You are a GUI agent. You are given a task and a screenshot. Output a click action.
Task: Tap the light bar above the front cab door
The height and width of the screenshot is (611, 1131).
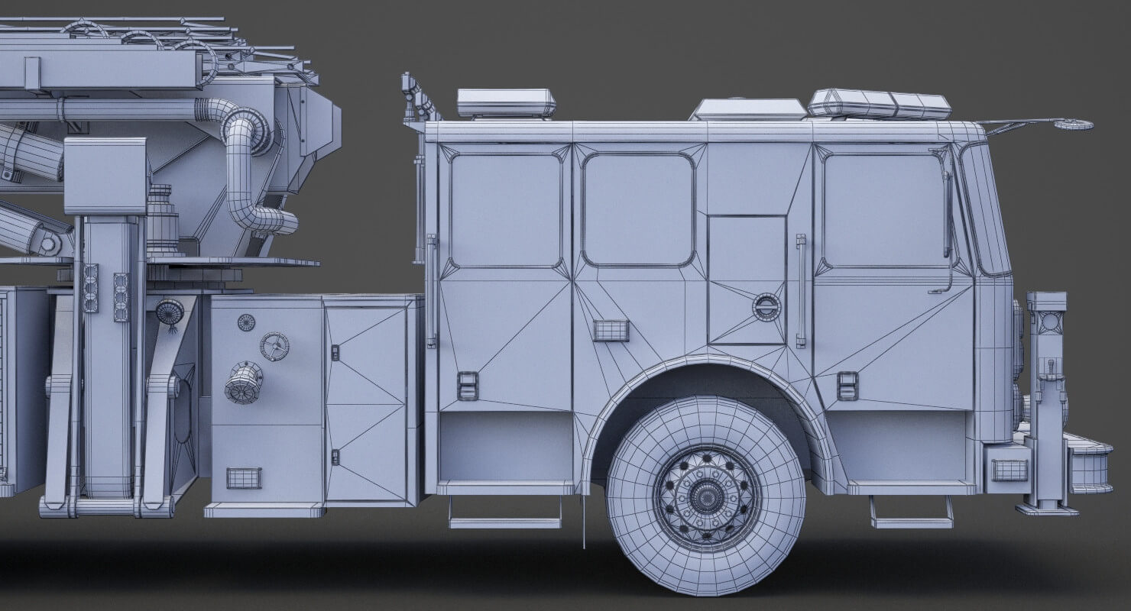[x=879, y=104]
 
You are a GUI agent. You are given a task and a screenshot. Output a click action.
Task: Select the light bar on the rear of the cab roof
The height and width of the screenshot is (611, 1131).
[x=506, y=103]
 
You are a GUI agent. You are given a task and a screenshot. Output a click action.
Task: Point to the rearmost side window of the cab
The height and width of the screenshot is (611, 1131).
[x=505, y=210]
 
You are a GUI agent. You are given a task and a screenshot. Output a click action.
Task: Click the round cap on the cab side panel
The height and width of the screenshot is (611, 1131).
[x=766, y=307]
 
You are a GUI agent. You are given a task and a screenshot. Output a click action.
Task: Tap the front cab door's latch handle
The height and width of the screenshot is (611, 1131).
[x=847, y=386]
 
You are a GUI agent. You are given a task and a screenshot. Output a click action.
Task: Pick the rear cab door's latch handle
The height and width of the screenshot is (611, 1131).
[x=468, y=386]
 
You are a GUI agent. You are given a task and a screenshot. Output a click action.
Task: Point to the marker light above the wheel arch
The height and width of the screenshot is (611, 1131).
[x=611, y=331]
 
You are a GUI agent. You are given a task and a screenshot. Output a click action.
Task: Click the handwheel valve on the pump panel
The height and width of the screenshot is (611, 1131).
[x=274, y=347]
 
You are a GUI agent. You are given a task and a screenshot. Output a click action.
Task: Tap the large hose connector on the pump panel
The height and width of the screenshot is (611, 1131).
[x=244, y=382]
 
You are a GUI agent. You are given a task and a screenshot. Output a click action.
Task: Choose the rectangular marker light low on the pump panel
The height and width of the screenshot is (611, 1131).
[x=244, y=478]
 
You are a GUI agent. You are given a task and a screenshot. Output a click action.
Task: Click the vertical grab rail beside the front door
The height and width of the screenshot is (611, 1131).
[x=800, y=291]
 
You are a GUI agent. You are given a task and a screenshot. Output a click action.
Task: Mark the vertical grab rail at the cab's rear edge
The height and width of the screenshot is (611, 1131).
[x=432, y=291]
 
